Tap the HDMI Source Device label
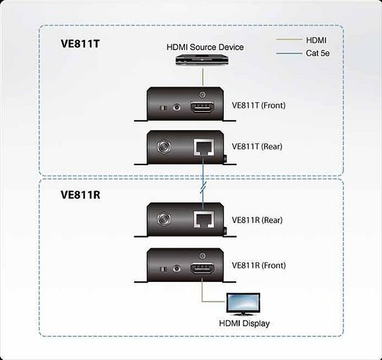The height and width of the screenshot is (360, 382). (205, 47)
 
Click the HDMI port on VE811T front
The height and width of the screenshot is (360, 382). (203, 107)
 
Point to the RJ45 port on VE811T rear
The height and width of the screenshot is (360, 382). (203, 147)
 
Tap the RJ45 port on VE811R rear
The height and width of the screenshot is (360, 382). (203, 219)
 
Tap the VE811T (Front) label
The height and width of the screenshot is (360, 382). (259, 105)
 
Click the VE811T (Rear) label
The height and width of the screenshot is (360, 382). (257, 146)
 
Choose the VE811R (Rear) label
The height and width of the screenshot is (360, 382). (257, 220)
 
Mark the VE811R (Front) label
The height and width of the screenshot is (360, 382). (259, 266)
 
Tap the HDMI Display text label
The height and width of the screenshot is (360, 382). (244, 323)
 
